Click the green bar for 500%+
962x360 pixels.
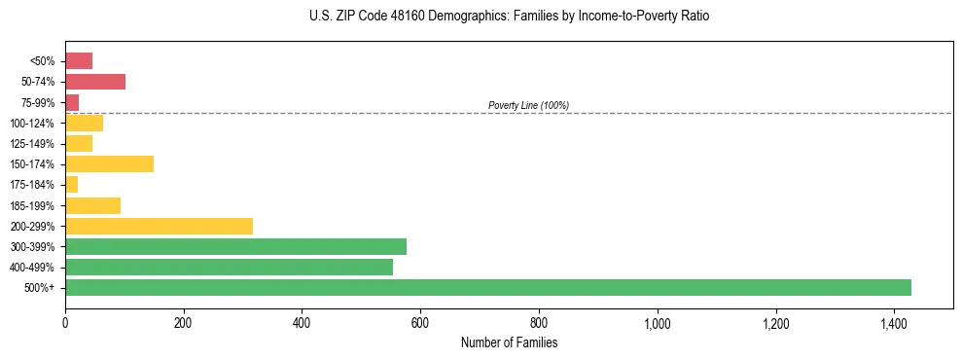(x=487, y=287)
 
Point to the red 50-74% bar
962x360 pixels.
(x=95, y=82)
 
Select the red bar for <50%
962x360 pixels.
(x=79, y=61)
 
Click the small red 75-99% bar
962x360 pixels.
(x=72, y=102)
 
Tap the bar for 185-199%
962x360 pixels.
(x=92, y=205)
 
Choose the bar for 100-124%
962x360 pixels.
(x=84, y=123)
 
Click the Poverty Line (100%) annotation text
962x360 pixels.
(x=528, y=105)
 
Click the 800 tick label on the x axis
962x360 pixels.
(x=539, y=322)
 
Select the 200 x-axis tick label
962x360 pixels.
(x=183, y=322)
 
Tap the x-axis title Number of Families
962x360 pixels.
(x=509, y=342)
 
